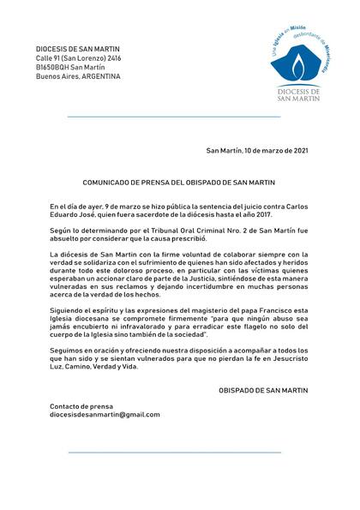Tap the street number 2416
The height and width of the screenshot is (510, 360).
click(109, 57)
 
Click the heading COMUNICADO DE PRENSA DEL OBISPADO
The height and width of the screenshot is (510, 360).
click(177, 183)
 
